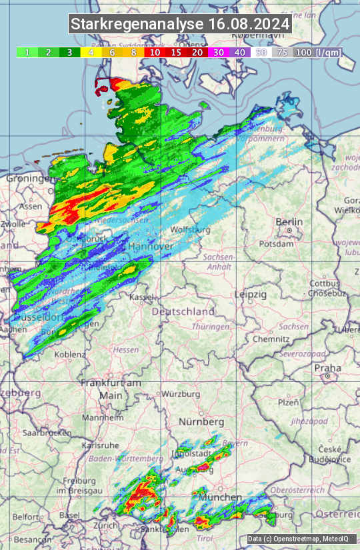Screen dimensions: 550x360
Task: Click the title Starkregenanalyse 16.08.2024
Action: (180, 25)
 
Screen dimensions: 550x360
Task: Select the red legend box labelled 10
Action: (155, 52)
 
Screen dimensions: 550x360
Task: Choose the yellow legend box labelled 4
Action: (91, 52)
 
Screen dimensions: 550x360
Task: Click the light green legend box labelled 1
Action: (27, 52)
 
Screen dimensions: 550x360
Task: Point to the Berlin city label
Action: (289, 222)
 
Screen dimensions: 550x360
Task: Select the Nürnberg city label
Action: (201, 422)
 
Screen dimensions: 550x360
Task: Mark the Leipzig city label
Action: (250, 294)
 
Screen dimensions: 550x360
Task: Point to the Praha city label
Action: (327, 367)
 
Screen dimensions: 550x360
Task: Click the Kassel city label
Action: (142, 297)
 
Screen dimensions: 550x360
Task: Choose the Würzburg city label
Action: (181, 394)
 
